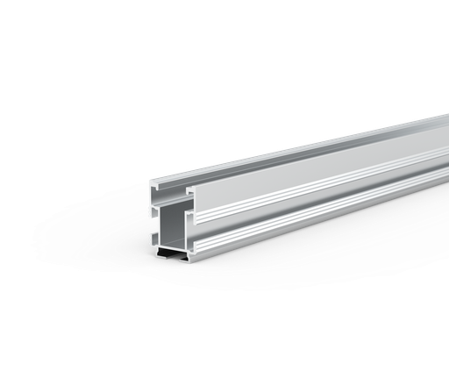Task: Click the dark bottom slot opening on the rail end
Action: click(x=174, y=253)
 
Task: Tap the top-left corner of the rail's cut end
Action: click(x=150, y=184)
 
